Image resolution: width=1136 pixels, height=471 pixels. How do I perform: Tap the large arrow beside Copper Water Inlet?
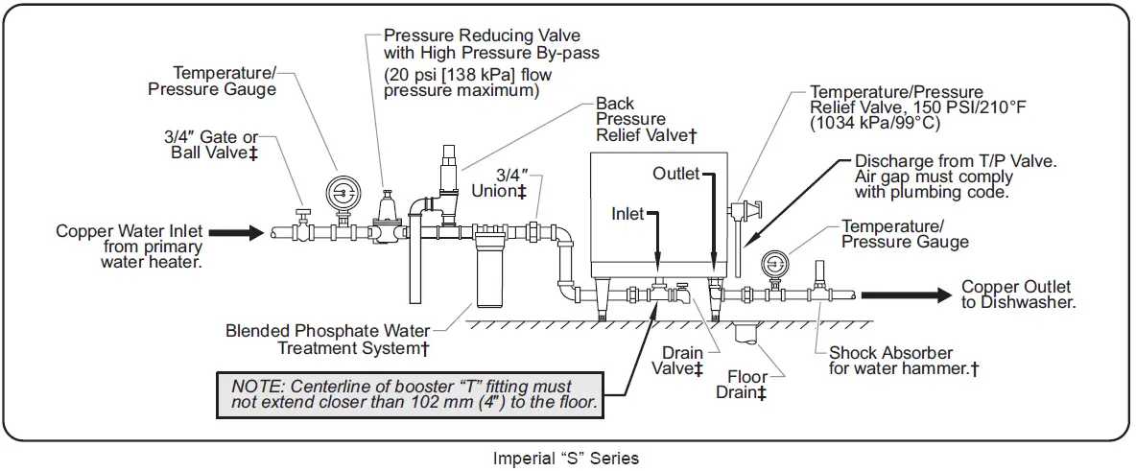click(x=235, y=231)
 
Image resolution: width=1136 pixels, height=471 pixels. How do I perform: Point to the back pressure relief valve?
click(x=448, y=177)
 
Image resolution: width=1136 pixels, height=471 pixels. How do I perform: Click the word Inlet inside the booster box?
click(x=628, y=214)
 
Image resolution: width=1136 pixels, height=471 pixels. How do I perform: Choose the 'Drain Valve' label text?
click(x=681, y=361)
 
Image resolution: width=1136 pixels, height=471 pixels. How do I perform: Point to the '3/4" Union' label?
click(x=499, y=184)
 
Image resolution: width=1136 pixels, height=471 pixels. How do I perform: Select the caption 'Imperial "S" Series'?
click(x=565, y=458)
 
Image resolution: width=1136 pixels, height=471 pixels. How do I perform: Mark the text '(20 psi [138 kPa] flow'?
click(x=467, y=75)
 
